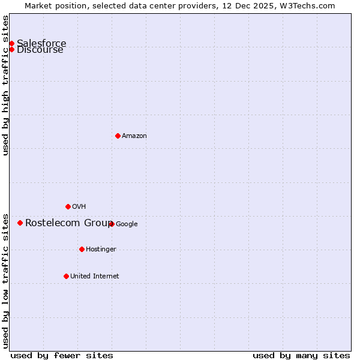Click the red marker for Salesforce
pyautogui.click(x=11, y=43)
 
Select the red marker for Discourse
pyautogui.click(x=11, y=49)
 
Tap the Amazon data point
pyautogui.click(x=118, y=136)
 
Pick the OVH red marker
pyautogui.click(x=68, y=206)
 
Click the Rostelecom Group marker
pyautogui.click(x=20, y=223)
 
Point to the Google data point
pyautogui.click(x=112, y=224)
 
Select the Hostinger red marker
pyautogui.click(x=82, y=249)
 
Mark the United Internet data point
pyautogui.click(x=66, y=276)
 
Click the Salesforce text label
pyautogui.click(x=41, y=43)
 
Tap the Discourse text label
pyautogui.click(x=40, y=50)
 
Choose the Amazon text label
pyautogui.click(x=134, y=136)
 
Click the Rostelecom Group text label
pyautogui.click(x=68, y=223)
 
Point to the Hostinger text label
pyautogui.click(x=101, y=250)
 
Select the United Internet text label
pyautogui.click(x=94, y=277)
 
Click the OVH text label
pyautogui.click(x=79, y=207)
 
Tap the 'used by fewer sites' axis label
pyautogui.click(x=62, y=355)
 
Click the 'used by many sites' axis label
pyautogui.click(x=301, y=355)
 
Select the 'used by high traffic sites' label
pyautogui.click(x=6, y=85)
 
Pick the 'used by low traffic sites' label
pyautogui.click(x=6, y=280)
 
